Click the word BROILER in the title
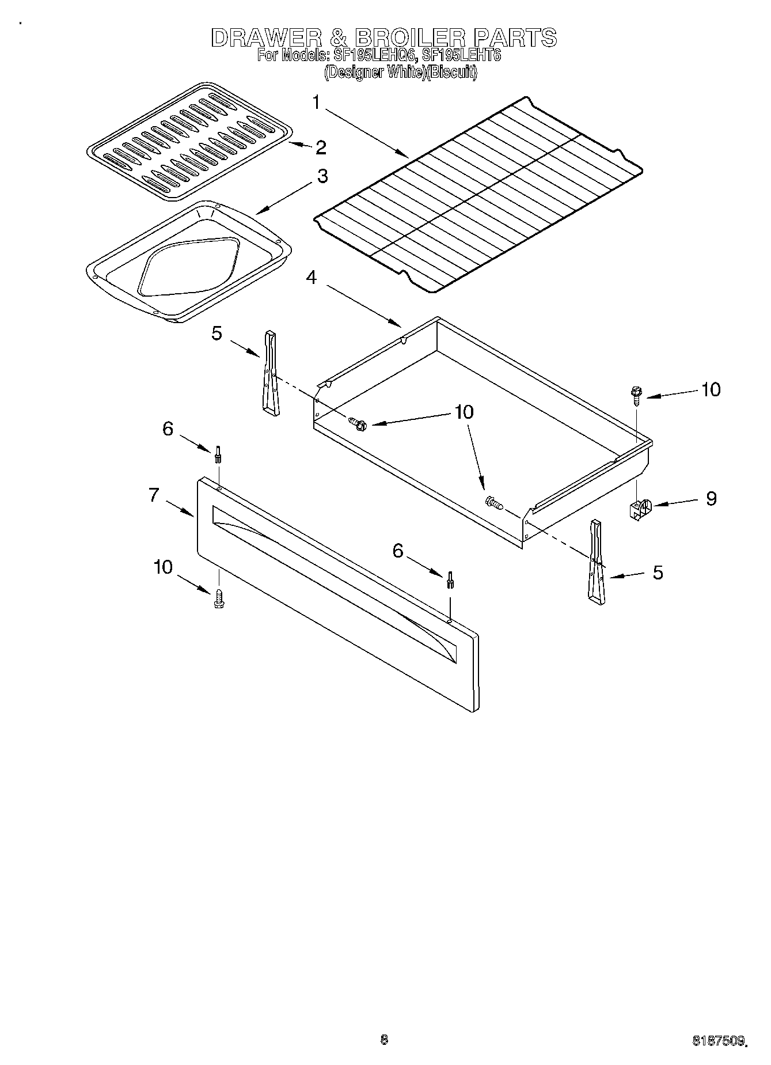point(409,38)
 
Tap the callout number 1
point(316,103)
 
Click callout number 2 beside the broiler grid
point(320,147)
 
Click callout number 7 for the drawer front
point(154,494)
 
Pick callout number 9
point(711,498)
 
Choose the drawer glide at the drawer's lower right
point(596,562)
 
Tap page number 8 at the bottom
point(384,1039)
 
